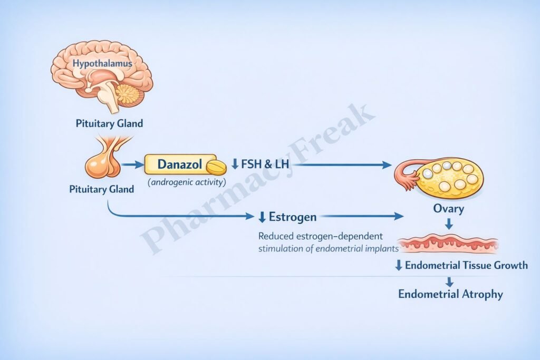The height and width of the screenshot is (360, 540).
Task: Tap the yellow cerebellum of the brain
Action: [x=128, y=94]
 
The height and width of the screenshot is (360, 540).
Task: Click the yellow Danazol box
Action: [x=179, y=164]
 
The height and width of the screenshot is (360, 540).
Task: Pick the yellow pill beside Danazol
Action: [x=215, y=167]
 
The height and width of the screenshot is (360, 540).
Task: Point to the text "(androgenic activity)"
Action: [x=187, y=182]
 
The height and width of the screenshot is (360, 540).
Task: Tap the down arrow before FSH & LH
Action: [x=235, y=165]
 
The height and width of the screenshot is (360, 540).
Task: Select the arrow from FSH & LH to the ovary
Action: [x=343, y=165]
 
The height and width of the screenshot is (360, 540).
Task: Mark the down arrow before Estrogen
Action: [x=262, y=217]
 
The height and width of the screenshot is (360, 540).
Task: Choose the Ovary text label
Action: [x=449, y=209]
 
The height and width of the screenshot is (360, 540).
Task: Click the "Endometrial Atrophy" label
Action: [x=450, y=294]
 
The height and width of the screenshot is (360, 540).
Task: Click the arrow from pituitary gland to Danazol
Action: [x=132, y=165]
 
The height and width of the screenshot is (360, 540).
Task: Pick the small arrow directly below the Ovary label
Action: [x=449, y=224]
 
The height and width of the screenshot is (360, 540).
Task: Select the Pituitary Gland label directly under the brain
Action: [x=109, y=124]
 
